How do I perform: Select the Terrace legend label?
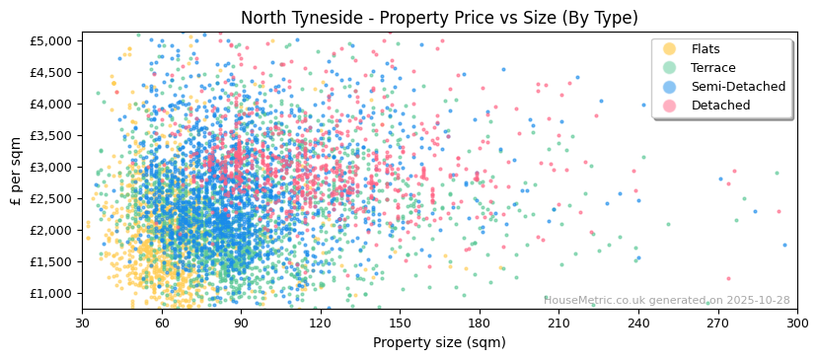713,68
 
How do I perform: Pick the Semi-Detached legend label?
738,87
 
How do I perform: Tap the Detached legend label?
720,106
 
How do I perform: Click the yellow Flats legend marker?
670,49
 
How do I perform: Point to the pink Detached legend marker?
670,106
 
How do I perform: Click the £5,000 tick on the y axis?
55,40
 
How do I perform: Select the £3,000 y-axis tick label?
55,167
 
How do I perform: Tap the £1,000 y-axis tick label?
55,293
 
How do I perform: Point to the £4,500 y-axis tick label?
55,72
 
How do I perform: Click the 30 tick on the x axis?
82,323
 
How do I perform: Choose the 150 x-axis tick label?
400,323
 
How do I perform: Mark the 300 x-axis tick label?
796,323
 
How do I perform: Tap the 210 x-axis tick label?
558,323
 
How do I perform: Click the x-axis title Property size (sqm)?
439,342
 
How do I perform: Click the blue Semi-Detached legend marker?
670,87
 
